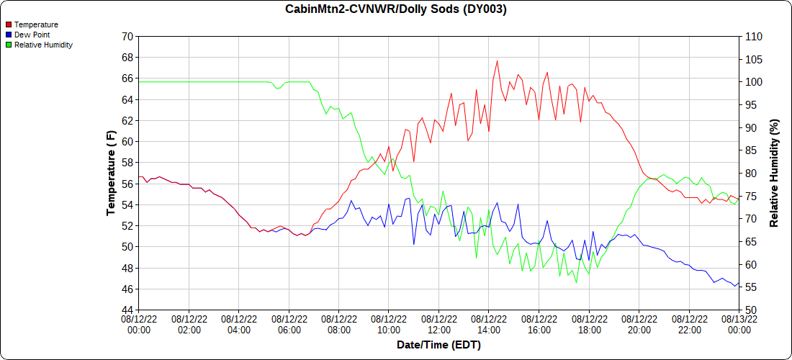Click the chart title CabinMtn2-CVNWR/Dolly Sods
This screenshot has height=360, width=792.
tap(395, 9)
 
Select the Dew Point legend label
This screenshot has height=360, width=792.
tap(32, 35)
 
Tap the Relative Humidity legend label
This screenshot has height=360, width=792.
tap(43, 45)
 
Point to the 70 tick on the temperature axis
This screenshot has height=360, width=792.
tap(127, 36)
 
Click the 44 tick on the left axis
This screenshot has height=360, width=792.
tap(127, 310)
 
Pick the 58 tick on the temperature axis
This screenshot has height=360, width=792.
tap(127, 163)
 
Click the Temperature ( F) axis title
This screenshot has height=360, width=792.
tap(111, 173)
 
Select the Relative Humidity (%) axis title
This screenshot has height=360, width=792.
tap(775, 173)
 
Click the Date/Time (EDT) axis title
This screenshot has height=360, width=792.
tap(438, 345)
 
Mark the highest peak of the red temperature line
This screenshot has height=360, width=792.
tap(498, 60)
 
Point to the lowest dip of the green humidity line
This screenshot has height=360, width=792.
tap(577, 282)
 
